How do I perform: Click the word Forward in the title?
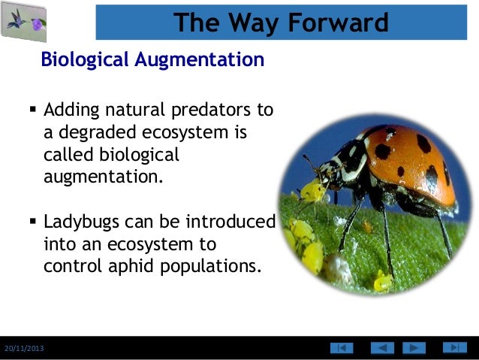pyautogui.click(x=336, y=23)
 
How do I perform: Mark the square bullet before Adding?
pyautogui.click(x=32, y=110)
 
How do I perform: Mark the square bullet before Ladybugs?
pyautogui.click(x=32, y=222)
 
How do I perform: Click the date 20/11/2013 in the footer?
pyautogui.click(x=23, y=349)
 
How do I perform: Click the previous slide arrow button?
pyautogui.click(x=382, y=348)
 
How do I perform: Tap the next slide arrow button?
pyautogui.click(x=414, y=348)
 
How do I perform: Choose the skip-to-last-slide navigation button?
pyautogui.click(x=454, y=347)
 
